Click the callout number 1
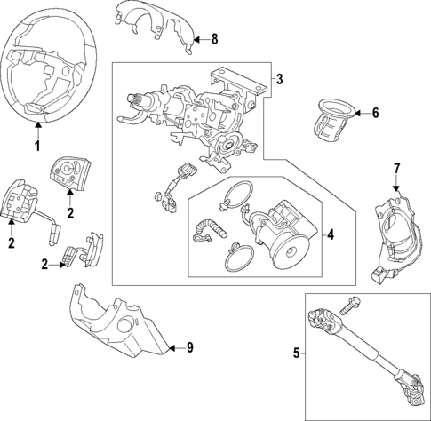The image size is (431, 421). pos(37,146)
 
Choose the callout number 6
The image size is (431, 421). pos(375,113)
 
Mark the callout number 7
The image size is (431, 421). pos(397,168)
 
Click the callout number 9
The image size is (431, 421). pos(188,347)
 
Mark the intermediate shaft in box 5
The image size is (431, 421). pos(364,355)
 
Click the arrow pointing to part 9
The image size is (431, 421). pos(175,347)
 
